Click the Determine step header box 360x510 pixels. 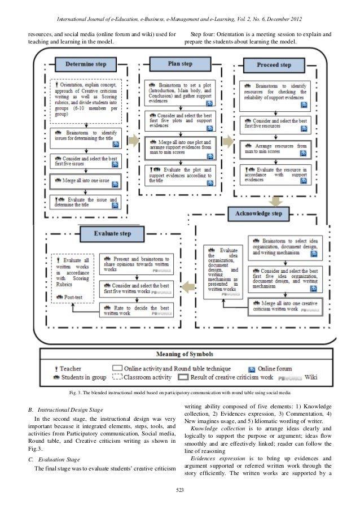click(86, 64)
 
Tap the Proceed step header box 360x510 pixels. click(274, 65)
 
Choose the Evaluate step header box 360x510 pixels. click(113, 233)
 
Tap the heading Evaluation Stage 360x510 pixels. click(58, 459)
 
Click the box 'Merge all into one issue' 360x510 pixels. click(85, 182)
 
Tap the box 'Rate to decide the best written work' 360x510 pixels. click(138, 309)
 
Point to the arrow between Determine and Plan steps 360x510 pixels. click(133, 140)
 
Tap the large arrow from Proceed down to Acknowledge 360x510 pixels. click(276, 200)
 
